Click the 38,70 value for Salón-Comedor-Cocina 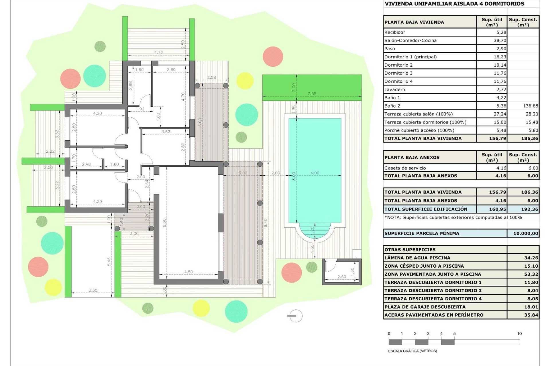pyautogui.click(x=500, y=41)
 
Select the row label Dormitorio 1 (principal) pyautogui.click(x=410, y=57)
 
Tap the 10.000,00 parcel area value pyautogui.click(x=526, y=233)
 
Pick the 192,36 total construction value pyautogui.click(x=529, y=209)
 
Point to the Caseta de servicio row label pyautogui.click(x=405, y=168)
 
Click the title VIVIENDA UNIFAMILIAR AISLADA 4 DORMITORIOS pyautogui.click(x=454, y=4)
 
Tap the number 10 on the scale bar pyautogui.click(x=519, y=334)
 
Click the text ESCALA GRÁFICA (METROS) pyautogui.click(x=412, y=351)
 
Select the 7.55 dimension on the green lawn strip pyautogui.click(x=312, y=94)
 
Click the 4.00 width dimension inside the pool pyautogui.click(x=315, y=173)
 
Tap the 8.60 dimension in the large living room pyautogui.click(x=164, y=223)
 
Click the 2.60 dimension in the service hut pyautogui.click(x=341, y=277)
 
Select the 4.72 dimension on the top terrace pyautogui.click(x=158, y=53)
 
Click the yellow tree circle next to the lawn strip pyautogui.click(x=245, y=81)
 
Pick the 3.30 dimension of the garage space pyautogui.click(x=93, y=290)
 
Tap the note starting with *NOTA pyautogui.click(x=453, y=218)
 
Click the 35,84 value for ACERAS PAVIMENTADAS pyautogui.click(x=531, y=315)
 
